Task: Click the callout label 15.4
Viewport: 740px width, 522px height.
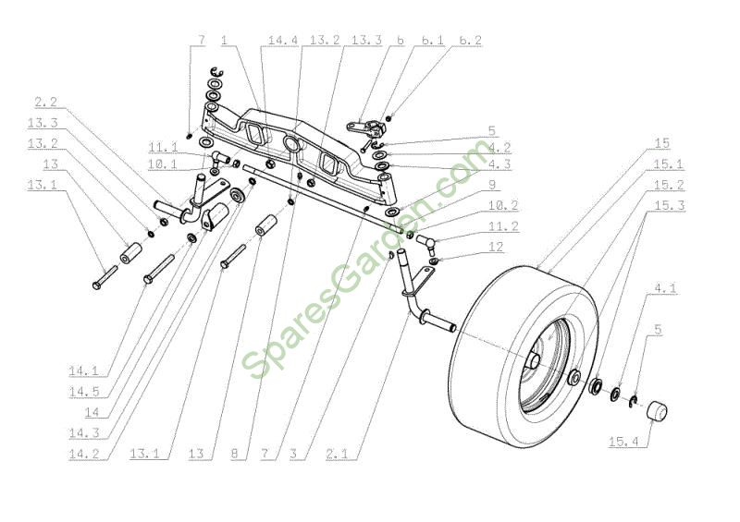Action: pyautogui.click(x=623, y=442)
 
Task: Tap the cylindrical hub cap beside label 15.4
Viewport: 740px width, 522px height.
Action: pyautogui.click(x=657, y=412)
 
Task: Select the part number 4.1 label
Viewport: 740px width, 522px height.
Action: pyautogui.click(x=665, y=287)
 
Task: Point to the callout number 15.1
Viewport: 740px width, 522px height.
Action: pyautogui.click(x=668, y=164)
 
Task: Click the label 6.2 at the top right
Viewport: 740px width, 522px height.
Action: pyautogui.click(x=471, y=41)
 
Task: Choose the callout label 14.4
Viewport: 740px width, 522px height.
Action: pyautogui.click(x=283, y=40)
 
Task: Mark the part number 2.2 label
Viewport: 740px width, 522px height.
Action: pyautogui.click(x=45, y=102)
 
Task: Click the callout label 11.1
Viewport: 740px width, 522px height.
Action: pyautogui.click(x=164, y=147)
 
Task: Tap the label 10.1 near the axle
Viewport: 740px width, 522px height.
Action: pyautogui.click(x=163, y=164)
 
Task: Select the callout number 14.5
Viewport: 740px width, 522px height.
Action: pyautogui.click(x=84, y=392)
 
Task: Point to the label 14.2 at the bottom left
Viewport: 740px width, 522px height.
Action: pyautogui.click(x=84, y=454)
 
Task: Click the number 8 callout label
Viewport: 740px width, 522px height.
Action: pyautogui.click(x=235, y=454)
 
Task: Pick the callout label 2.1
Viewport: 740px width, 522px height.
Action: pyautogui.click(x=337, y=454)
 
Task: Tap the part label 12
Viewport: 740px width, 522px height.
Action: pyautogui.click(x=496, y=247)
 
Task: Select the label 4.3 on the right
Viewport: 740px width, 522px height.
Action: pyautogui.click(x=499, y=164)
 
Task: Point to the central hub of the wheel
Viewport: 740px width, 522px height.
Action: pyautogui.click(x=534, y=360)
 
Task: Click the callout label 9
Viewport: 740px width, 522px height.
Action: pyautogui.click(x=492, y=185)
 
